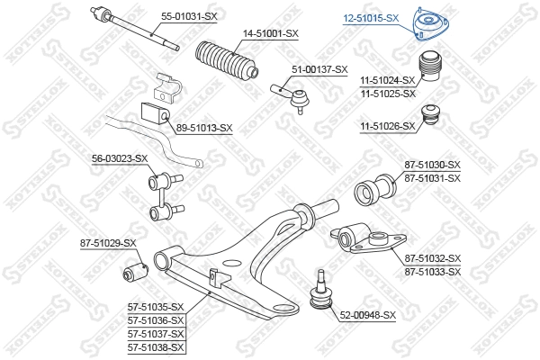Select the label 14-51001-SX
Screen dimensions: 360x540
[270, 33]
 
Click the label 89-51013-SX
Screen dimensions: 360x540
[205, 128]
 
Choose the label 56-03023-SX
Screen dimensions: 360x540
[119, 158]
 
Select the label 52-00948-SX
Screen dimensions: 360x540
[368, 315]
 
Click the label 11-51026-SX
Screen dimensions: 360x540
[388, 126]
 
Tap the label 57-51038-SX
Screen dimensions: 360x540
[156, 346]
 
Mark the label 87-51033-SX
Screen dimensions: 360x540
[433, 271]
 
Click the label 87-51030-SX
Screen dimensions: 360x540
[433, 165]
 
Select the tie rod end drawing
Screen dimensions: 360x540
[292, 93]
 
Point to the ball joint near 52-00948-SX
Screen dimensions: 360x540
[319, 292]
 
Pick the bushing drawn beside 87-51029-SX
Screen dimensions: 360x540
[137, 267]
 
